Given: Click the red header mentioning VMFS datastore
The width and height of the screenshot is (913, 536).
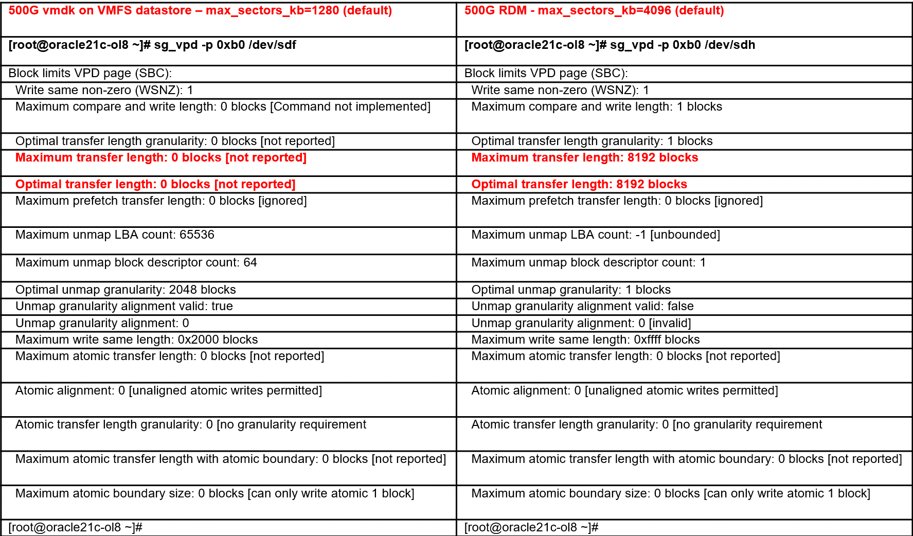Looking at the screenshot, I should click(200, 11).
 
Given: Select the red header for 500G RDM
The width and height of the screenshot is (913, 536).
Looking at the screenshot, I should click(594, 11).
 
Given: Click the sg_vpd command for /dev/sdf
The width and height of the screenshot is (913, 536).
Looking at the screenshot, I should click(152, 45).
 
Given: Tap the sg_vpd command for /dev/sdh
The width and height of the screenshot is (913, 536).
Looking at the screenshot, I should click(610, 45).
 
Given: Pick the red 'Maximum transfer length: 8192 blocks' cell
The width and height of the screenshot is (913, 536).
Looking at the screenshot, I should click(584, 158).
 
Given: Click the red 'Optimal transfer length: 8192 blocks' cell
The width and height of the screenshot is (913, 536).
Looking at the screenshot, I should click(579, 185).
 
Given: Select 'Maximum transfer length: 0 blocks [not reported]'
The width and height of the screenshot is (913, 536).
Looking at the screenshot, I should click(160, 158).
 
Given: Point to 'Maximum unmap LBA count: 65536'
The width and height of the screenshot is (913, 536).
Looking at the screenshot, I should click(115, 235).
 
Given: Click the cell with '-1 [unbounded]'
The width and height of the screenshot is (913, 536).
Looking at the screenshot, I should click(596, 235).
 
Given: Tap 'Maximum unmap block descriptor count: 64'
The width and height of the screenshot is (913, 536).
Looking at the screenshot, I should click(136, 263).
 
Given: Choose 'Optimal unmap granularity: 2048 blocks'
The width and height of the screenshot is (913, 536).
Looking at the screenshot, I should click(126, 290).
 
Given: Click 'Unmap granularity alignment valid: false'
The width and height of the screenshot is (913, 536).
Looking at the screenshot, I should click(582, 307).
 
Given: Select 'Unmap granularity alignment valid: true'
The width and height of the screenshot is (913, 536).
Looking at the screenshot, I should click(124, 307).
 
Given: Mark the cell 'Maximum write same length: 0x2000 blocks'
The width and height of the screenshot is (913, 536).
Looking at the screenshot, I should click(136, 340).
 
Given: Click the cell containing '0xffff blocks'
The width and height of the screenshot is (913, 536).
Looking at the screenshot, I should click(585, 340).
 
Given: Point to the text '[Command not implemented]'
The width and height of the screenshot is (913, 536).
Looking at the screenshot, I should click(350, 107).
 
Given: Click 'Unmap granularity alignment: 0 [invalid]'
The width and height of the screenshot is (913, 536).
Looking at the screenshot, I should click(581, 324).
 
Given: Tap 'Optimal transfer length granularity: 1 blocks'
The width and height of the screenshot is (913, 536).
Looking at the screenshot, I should click(592, 141).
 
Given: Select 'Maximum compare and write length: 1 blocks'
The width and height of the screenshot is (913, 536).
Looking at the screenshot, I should click(597, 107).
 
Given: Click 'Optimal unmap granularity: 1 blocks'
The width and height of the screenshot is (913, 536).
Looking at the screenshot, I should click(571, 290).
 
